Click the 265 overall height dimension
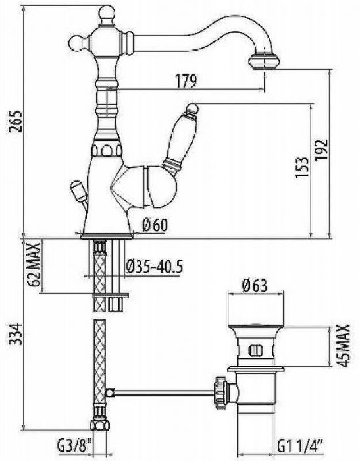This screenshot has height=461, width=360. point(14,121)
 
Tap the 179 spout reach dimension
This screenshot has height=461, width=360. point(186,81)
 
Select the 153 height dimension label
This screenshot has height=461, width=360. point(302,167)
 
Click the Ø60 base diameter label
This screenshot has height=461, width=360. point(155,225)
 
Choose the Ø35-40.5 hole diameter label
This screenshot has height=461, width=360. point(155,267)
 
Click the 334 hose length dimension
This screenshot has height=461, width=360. point(14,334)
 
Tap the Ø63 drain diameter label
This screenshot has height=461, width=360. point(255,285)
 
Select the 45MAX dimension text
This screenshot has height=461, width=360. point(343,346)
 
